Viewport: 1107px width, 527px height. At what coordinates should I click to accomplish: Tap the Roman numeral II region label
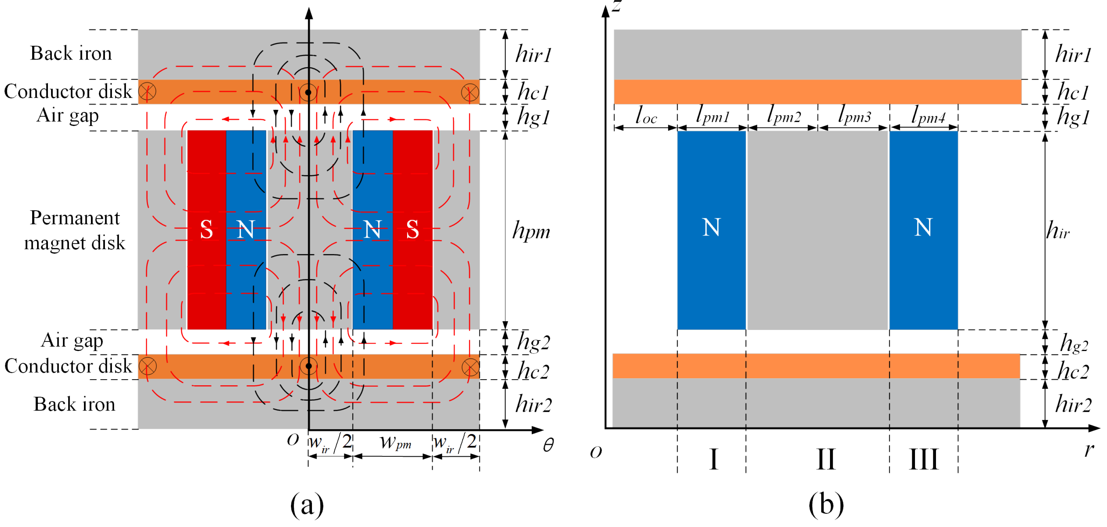[x=825, y=459]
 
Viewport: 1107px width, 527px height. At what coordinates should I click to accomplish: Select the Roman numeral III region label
[x=923, y=459]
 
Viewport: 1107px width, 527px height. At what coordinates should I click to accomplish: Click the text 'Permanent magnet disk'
[x=74, y=230]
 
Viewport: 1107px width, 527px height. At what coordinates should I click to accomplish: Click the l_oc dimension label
[x=646, y=115]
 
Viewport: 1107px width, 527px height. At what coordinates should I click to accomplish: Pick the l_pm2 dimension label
[x=784, y=115]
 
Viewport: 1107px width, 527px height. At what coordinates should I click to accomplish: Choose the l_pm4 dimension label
[x=928, y=115]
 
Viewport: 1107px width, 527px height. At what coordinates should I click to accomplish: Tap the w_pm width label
[x=395, y=442]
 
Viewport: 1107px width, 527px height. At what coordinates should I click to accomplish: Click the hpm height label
[x=531, y=231]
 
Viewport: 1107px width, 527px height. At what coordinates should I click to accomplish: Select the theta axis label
[x=548, y=445]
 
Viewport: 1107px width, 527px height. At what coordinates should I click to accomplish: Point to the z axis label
[x=617, y=6]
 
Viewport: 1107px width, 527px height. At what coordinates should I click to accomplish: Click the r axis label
[x=1088, y=450]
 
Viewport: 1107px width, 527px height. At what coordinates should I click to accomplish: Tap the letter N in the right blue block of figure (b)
[x=923, y=227]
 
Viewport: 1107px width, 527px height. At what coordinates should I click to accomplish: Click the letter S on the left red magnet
[x=206, y=230]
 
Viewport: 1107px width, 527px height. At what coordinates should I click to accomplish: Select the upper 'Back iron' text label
[x=71, y=53]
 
